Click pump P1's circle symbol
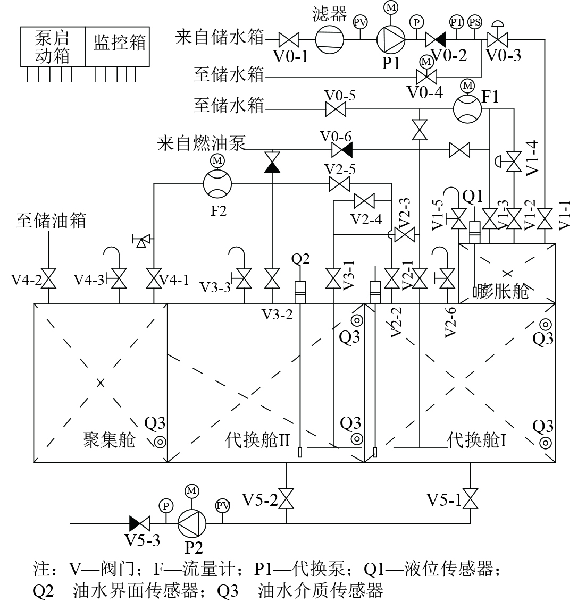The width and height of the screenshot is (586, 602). [391, 39]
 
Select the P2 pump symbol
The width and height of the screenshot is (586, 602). [192, 523]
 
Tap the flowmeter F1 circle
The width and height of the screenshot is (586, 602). [467, 109]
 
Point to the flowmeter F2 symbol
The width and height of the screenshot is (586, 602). [217, 184]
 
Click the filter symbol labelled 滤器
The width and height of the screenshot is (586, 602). [329, 39]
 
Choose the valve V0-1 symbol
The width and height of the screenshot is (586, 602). [289, 39]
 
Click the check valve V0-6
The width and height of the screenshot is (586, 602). [342, 150]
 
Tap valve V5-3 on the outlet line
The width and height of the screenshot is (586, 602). [140, 523]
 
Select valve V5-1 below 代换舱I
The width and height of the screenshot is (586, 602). [470, 499]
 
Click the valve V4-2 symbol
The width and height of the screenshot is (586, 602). [49, 278]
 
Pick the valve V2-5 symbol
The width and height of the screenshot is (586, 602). [340, 184]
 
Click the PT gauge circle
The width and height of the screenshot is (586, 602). [456, 22]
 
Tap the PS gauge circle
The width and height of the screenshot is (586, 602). [475, 22]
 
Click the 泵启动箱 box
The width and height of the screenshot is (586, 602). [53, 47]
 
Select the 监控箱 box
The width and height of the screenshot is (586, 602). [117, 47]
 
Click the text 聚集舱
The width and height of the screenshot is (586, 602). [109, 439]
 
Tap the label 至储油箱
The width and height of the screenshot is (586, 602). [51, 221]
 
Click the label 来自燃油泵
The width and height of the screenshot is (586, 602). [201, 143]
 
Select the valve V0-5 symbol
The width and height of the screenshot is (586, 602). [336, 109]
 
